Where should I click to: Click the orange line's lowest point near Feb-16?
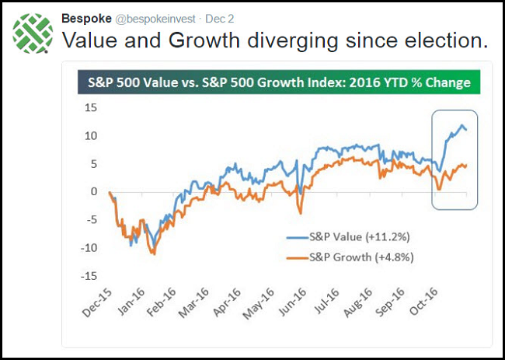[154, 253]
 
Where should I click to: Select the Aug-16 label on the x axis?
[356, 306]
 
